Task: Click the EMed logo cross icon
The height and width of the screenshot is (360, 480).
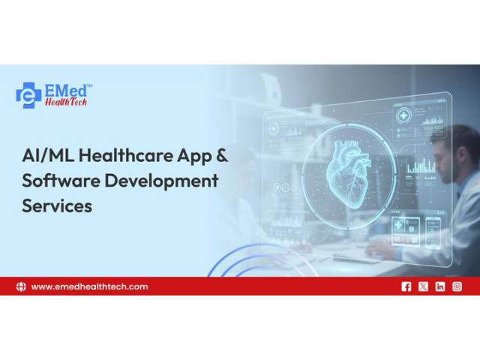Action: [28, 95]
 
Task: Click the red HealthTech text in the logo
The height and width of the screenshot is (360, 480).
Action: [66, 102]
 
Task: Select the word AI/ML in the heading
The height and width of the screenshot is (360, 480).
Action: [48, 155]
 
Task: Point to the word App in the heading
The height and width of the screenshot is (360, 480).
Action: [195, 157]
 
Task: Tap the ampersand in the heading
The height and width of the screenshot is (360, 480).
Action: [222, 155]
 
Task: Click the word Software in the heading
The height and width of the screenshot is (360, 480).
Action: [61, 180]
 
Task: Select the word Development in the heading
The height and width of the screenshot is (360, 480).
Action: [161, 181]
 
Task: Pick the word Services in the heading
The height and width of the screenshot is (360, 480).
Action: [57, 205]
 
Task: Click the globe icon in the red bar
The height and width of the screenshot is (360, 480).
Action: [21, 286]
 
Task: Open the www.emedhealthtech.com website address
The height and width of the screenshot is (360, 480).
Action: [90, 286]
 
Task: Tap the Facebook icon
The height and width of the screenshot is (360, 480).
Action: [406, 286]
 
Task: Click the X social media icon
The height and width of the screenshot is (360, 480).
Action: [423, 286]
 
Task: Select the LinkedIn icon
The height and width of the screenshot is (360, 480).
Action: [440, 286]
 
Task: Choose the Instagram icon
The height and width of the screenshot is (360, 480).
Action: [457, 286]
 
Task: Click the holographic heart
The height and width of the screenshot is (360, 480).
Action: [348, 174]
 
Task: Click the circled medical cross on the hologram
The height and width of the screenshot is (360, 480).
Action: [404, 116]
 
